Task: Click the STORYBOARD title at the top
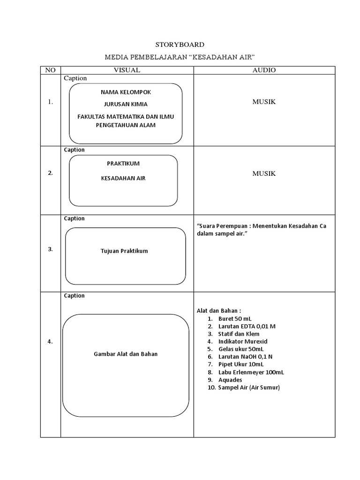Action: pos(180,45)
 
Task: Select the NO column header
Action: pos(50,70)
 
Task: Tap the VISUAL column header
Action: pos(127,70)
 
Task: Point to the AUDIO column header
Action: pos(264,70)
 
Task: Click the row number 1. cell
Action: pos(50,102)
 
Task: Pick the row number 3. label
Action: pos(50,249)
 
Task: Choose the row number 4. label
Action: pos(50,342)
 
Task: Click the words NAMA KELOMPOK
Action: pos(126,92)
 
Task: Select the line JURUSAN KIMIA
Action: pos(126,104)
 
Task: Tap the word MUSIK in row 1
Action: pos(264,102)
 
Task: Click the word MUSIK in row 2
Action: pos(264,173)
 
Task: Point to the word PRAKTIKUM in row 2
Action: pos(123,163)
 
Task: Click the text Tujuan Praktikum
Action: pos(124,251)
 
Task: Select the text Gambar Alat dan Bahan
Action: pos(126,354)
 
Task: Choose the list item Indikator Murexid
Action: pos(243,341)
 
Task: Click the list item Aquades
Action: pos(230,380)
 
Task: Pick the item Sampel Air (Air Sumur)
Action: pos(249,388)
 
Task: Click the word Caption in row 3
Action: pos(74,218)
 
